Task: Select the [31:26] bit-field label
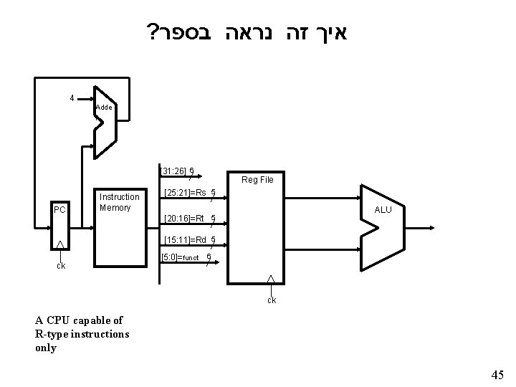click(x=174, y=171)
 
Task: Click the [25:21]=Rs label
click(x=185, y=192)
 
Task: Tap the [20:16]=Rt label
click(x=184, y=218)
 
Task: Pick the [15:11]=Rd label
click(x=185, y=239)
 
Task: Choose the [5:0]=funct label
click(x=181, y=257)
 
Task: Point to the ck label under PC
click(x=61, y=266)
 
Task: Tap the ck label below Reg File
click(x=272, y=300)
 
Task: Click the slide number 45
click(x=497, y=374)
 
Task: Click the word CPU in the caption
click(x=56, y=320)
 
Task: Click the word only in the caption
click(x=44, y=348)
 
